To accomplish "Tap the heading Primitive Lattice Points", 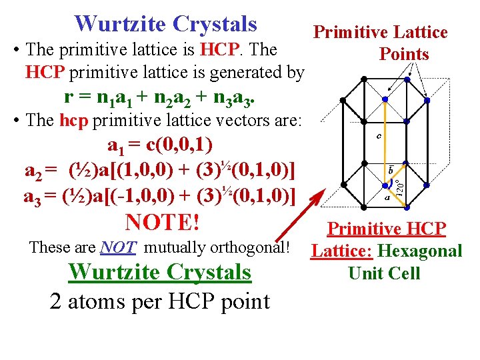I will [x=381, y=43].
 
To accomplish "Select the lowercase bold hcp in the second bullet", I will [x=74, y=121].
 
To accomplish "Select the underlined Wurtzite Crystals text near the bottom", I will [x=160, y=272].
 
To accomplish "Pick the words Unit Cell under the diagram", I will [x=385, y=273].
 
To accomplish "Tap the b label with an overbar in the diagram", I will [x=391, y=171].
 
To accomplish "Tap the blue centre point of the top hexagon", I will [x=385, y=99].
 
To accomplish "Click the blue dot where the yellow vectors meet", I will [x=385, y=182].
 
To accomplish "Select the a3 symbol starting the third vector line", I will [x=33, y=196].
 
